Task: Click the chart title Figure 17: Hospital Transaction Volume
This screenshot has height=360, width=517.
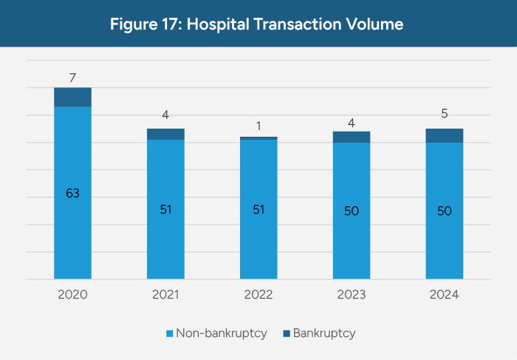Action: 257,24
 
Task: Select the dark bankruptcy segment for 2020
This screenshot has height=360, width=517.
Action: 72,97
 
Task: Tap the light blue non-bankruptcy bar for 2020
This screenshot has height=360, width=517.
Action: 72,222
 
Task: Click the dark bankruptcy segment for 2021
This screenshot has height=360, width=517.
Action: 165,134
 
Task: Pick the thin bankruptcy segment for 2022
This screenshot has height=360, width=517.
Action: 258,138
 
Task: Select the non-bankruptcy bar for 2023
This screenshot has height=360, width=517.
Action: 352,222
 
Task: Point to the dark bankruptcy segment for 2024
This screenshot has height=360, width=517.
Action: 445,135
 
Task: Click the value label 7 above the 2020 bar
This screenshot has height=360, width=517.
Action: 72,77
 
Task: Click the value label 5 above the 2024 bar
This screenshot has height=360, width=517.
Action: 445,114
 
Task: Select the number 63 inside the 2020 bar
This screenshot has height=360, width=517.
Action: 72,194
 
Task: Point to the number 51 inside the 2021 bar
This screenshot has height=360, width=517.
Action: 165,209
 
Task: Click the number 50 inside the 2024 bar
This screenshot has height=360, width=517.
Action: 445,211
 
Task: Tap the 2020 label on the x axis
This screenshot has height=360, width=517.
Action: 72,294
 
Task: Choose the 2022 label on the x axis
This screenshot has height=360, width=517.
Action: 258,294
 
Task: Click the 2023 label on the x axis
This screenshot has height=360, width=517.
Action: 352,294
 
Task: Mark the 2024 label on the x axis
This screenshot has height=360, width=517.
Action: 445,294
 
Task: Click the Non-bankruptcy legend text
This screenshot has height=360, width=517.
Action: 221,333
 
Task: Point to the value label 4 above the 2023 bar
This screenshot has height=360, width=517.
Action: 352,120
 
